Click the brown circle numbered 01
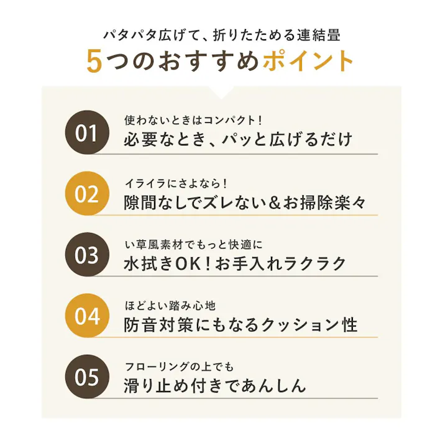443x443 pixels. [88, 132]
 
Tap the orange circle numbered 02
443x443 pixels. [88, 194]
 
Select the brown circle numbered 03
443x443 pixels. [88, 255]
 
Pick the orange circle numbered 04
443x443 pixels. [88, 316]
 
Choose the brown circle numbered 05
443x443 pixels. [88, 377]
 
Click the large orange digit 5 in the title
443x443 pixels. [94, 62]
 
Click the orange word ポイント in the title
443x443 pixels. [308, 62]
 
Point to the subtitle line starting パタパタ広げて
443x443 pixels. [221, 34]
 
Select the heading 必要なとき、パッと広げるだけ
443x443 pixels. [239, 139]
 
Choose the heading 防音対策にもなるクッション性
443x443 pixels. [240, 324]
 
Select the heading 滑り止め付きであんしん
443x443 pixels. [215, 385]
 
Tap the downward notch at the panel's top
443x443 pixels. [221, 92]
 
